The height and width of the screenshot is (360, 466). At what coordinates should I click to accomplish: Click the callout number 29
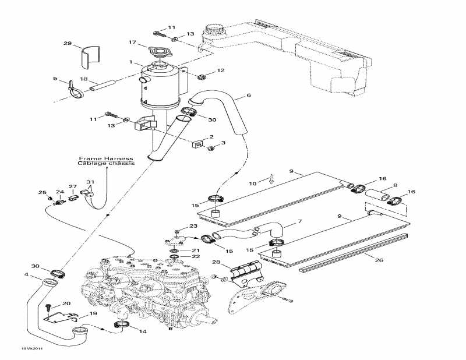pos(67,44)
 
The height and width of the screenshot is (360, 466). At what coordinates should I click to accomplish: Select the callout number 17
pos(132,42)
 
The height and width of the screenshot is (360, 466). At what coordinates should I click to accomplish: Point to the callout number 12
pos(220,70)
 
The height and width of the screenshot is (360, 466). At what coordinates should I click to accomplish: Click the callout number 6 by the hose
pos(249,96)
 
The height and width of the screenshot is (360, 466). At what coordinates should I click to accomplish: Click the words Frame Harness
pos(106,158)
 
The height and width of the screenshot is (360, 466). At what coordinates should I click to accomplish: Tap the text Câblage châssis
pos(106,164)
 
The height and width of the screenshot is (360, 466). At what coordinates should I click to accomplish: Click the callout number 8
pos(396,186)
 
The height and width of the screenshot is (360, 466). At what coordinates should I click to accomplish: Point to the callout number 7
pos(299,221)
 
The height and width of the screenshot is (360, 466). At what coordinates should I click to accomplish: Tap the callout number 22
pos(196,256)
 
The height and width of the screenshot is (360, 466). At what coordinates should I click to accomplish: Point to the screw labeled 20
pos(50,306)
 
